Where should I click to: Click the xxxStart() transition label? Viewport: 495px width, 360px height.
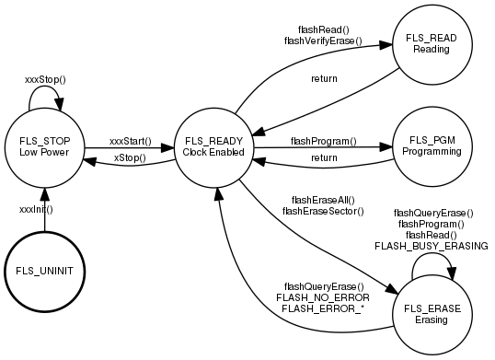coord(129,141)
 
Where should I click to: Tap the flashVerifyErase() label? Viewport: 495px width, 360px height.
coord(323,41)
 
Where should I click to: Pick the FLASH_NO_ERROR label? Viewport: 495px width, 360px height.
coord(323,297)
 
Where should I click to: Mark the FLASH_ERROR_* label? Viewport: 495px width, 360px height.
coord(323,308)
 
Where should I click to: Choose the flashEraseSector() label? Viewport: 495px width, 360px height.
coord(323,211)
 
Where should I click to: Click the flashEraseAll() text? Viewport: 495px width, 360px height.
coord(323,199)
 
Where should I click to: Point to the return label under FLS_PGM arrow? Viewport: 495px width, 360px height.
coord(323,158)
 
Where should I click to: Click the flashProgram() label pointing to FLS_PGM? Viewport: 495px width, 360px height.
coord(323,141)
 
